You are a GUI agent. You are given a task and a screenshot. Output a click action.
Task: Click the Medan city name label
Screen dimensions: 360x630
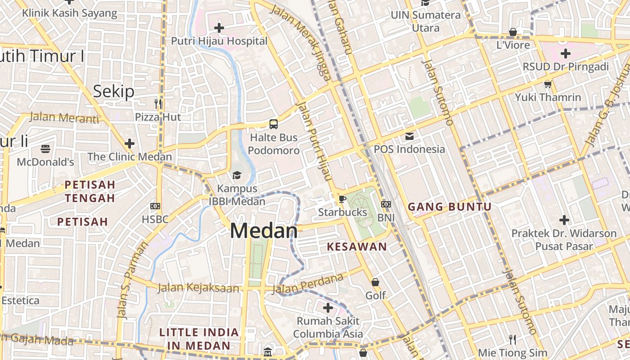264,231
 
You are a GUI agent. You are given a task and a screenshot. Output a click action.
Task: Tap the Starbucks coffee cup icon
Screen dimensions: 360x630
342,199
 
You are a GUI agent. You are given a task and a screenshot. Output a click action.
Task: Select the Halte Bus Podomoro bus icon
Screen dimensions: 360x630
273,124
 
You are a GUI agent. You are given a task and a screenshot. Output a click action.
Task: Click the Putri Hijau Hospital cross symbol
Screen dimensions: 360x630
219,28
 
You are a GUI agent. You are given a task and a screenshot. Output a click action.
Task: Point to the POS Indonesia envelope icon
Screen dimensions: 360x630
409,136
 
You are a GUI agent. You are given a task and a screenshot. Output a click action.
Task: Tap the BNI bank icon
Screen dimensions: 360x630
386,204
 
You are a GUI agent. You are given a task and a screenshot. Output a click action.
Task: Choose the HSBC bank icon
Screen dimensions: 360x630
155,206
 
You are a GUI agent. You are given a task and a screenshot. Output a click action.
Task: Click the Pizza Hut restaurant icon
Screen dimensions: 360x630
158,104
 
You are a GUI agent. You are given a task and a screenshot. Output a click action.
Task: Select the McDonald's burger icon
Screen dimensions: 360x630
45,148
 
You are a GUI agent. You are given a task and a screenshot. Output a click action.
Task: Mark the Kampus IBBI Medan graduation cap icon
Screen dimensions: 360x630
237,175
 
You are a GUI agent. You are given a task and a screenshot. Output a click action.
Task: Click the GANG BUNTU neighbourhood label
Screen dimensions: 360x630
450,207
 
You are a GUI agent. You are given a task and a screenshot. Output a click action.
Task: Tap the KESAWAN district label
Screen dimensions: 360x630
357,247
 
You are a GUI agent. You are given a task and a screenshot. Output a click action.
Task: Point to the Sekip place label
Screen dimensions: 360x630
114,91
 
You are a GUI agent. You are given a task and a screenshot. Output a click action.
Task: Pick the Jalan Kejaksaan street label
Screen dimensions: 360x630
198,288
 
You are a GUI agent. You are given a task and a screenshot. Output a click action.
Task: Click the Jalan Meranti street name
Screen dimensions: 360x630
64,118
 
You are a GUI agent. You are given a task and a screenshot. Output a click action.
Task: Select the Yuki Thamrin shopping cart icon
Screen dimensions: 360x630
548,84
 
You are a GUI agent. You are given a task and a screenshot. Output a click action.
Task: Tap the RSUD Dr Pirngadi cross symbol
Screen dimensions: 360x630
565,54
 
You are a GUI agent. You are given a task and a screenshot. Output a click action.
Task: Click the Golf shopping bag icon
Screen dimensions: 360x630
375,282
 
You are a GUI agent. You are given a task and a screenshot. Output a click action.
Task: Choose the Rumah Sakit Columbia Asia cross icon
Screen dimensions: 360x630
328,308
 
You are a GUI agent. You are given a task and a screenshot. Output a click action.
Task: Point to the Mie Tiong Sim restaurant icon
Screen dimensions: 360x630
512,339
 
